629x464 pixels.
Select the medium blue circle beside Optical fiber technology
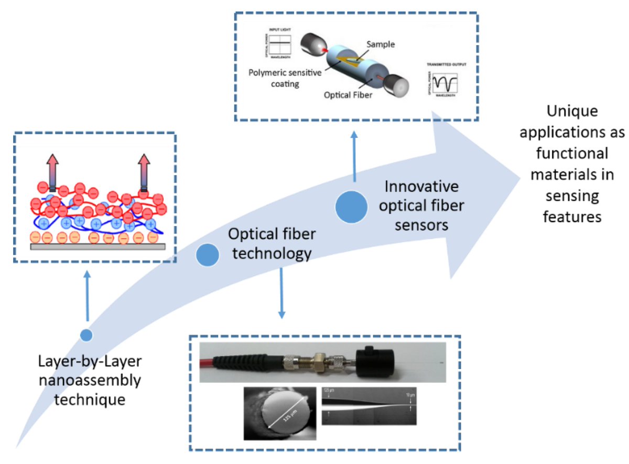(x=208, y=254)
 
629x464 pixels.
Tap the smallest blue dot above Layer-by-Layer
(x=87, y=334)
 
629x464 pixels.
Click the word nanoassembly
(x=89, y=380)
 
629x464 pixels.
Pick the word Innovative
(x=421, y=187)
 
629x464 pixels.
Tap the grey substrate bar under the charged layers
(x=99, y=245)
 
